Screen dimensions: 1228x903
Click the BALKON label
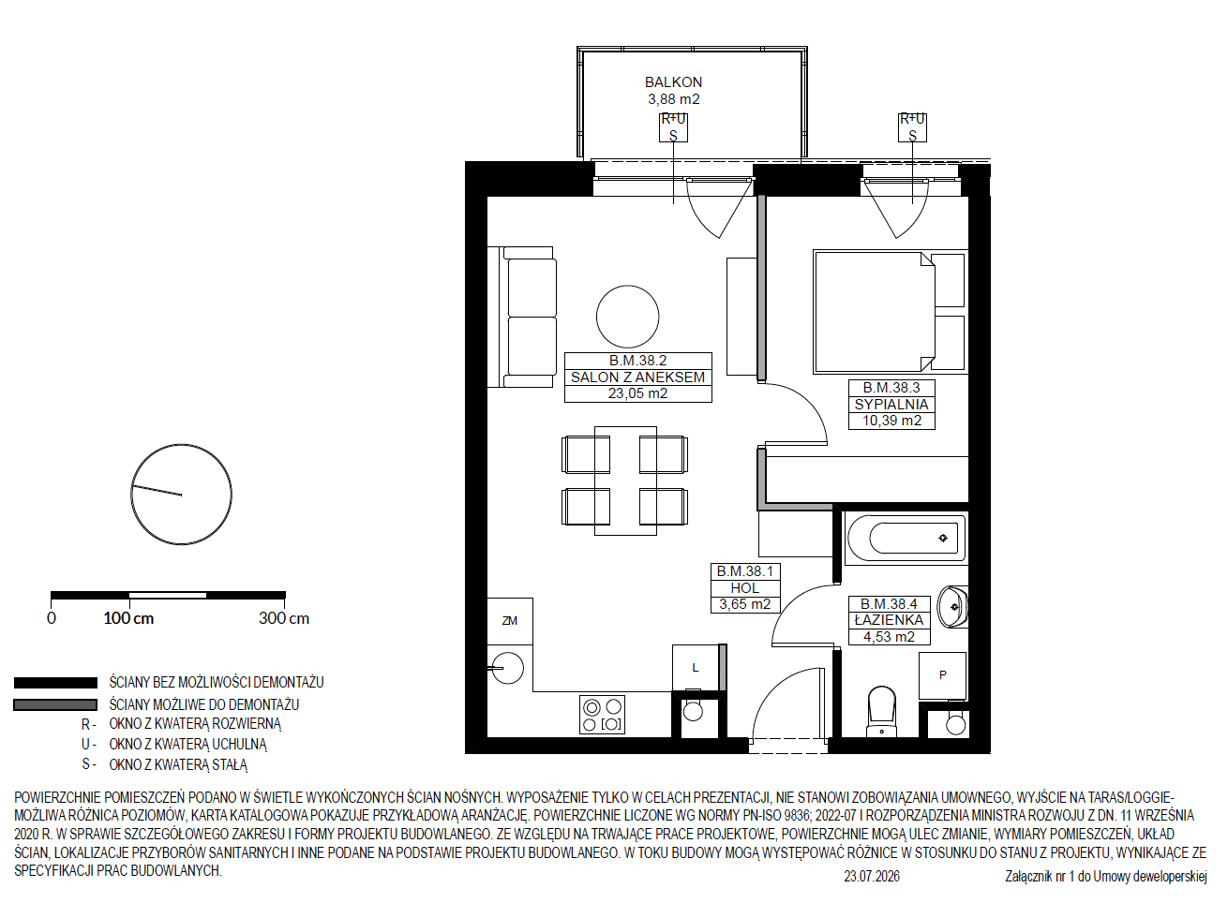coord(673,82)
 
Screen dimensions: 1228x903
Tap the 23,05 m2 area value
coord(637,393)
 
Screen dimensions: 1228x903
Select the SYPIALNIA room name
coord(891,405)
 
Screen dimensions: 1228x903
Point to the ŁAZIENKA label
coord(890,620)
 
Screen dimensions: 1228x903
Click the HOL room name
coord(745,588)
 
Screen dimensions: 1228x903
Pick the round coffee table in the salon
coord(628,317)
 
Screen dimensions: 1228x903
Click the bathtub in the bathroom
coord(906,538)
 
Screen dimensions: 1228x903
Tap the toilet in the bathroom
coord(881,712)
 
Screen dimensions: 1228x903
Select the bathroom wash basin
coord(952,607)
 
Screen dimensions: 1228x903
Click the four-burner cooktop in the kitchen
coord(602,715)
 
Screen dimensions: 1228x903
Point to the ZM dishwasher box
coord(510,621)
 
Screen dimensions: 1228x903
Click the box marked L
coord(696,667)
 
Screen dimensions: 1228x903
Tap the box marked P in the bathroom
coord(942,675)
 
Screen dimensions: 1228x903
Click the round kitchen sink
coord(508,668)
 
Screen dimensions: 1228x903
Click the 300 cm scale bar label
coord(284,618)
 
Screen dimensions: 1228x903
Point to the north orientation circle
coord(182,495)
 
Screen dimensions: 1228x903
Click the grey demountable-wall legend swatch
coord(55,704)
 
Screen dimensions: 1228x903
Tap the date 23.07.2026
coord(872,877)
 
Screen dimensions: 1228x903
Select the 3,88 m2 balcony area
coord(674,99)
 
